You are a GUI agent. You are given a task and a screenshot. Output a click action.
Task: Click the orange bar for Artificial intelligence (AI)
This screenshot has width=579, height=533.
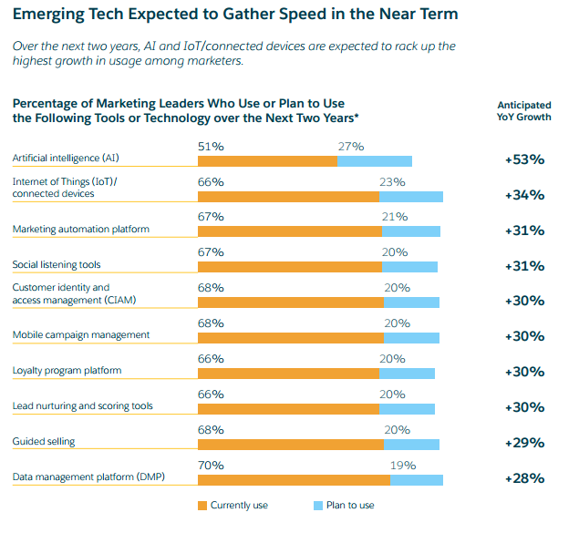(x=267, y=161)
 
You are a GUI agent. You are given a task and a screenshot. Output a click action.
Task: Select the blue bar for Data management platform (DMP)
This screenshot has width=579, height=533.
(x=416, y=480)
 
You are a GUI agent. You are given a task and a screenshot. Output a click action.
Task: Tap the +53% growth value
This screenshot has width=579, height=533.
(x=524, y=159)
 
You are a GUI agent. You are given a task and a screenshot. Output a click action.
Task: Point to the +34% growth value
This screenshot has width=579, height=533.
(x=524, y=195)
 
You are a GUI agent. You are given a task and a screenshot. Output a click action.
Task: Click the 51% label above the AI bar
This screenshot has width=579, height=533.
(x=211, y=147)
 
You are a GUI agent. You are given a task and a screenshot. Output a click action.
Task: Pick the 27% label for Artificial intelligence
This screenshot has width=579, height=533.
(x=351, y=147)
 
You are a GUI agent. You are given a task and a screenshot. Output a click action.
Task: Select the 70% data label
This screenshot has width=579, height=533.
(x=211, y=466)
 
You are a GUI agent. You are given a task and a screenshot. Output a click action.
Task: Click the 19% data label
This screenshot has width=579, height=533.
(x=403, y=466)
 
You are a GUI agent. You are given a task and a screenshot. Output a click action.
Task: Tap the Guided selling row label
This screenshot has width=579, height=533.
(x=44, y=442)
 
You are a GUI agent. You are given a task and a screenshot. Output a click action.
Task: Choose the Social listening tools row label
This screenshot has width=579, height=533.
(x=57, y=265)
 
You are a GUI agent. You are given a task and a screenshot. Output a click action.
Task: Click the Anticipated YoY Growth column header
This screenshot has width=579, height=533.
(x=523, y=111)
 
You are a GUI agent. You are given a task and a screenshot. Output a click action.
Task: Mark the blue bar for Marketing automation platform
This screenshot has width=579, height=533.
(x=411, y=232)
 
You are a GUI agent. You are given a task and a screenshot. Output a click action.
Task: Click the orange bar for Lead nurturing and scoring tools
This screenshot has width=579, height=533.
(x=288, y=409)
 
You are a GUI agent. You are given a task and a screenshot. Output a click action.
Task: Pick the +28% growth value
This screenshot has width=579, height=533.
(x=524, y=478)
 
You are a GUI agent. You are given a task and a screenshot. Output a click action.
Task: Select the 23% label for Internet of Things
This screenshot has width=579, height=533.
(x=393, y=182)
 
